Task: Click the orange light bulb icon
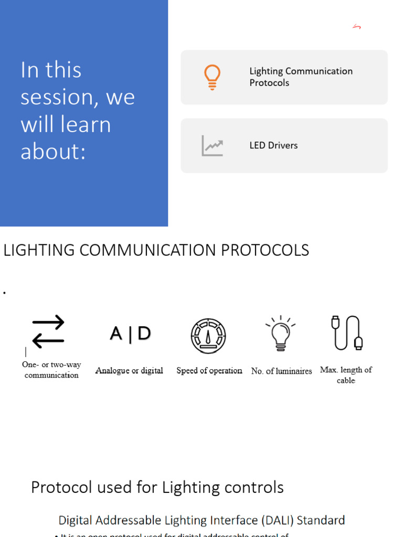(x=212, y=77)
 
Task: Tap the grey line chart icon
(x=212, y=146)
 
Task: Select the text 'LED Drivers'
(x=273, y=146)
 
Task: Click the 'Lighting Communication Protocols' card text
(x=301, y=77)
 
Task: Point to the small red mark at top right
(x=357, y=27)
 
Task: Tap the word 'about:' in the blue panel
(x=52, y=152)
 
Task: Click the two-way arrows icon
(x=48, y=331)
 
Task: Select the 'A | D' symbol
(x=130, y=334)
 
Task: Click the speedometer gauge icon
(x=208, y=336)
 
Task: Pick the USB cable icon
(x=347, y=332)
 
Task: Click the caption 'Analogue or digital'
(x=129, y=371)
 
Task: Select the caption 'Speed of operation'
(x=209, y=371)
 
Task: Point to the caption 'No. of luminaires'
(x=281, y=371)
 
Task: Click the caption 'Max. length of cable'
(x=346, y=374)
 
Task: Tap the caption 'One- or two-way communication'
(x=51, y=370)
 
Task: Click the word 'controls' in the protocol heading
(x=254, y=488)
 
